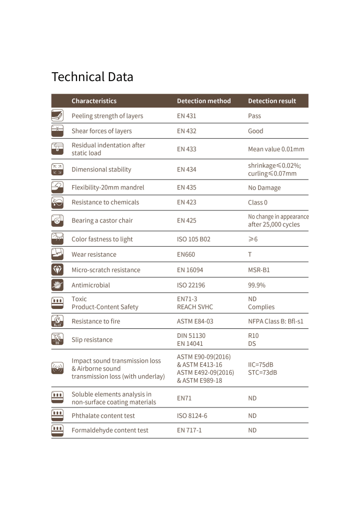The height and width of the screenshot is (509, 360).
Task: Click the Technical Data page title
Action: pos(92,77)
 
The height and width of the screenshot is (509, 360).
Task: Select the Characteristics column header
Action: pos(94,101)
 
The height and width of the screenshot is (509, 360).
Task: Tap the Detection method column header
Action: pos(204,101)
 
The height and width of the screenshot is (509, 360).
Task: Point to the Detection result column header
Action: pos(272,101)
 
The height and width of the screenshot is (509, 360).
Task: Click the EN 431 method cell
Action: pos(186,116)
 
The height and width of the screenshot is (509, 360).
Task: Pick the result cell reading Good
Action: pos(256,131)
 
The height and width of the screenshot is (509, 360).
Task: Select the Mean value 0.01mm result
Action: pos(276,149)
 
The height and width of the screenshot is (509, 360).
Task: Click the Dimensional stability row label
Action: pos(101,169)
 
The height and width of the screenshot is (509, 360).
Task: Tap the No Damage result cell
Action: pos(264,188)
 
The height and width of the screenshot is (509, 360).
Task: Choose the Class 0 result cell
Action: pos(258,203)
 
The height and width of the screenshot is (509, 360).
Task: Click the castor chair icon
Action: pos(58,220)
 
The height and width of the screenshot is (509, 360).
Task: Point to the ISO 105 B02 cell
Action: pos(193,239)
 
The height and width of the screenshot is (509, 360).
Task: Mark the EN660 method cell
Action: pos(186,254)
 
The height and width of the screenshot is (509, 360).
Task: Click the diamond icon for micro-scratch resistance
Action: pos(58,270)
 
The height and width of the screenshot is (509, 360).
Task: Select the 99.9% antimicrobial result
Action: pos(257,285)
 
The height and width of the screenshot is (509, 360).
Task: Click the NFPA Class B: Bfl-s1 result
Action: pos(275,321)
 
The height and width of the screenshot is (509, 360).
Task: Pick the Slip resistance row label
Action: pos(92,340)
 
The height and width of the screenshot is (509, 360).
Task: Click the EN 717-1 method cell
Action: pos(189,430)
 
